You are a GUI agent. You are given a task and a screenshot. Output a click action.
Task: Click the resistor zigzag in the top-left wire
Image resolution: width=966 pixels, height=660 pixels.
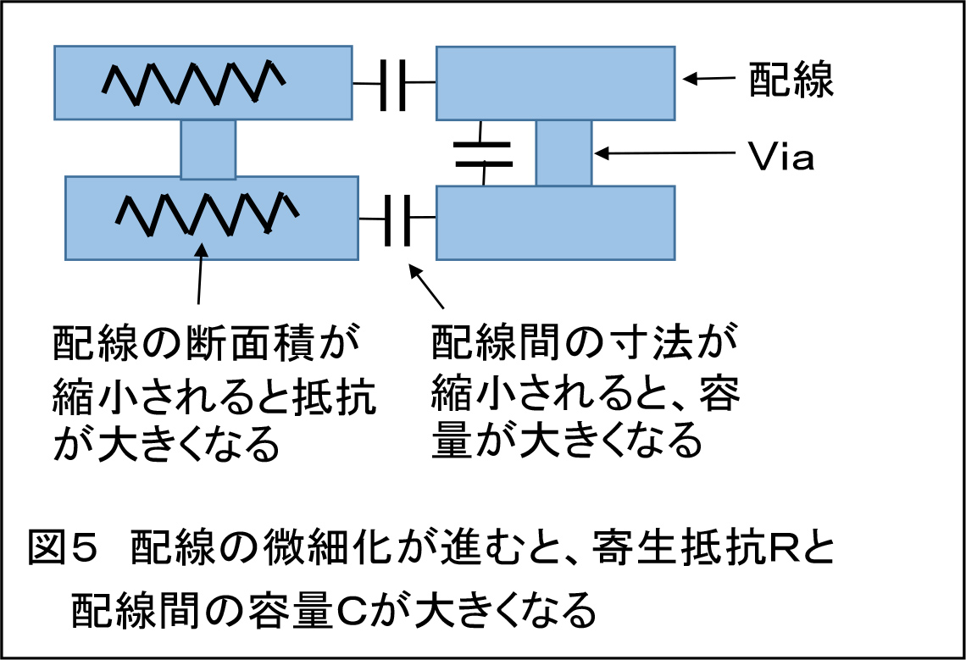[193, 82]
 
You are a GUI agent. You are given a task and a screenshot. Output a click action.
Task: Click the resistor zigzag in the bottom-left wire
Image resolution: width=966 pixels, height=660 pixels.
[208, 214]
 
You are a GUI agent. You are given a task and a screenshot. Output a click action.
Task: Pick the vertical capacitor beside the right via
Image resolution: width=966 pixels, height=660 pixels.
[483, 154]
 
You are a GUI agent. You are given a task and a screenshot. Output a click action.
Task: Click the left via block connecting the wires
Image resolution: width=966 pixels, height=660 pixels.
[208, 149]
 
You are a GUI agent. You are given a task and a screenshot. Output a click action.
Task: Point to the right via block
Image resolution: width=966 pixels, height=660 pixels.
[563, 153]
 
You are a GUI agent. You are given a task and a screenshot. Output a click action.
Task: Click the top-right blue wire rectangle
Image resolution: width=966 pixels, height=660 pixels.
[556, 83]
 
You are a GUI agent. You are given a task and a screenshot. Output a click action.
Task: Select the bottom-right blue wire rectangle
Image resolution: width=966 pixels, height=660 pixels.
[556, 223]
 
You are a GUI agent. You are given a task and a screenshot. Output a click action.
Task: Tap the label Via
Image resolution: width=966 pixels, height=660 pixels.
[781, 156]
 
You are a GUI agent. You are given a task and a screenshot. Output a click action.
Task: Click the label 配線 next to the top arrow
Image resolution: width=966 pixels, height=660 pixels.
[791, 80]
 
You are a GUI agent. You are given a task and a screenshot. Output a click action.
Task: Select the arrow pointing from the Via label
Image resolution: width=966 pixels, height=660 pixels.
[665, 153]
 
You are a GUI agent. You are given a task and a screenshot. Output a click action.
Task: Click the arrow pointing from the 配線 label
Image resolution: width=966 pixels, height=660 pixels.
[709, 78]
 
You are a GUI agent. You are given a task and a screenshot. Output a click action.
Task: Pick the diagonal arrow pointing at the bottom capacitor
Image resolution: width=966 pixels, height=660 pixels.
[426, 286]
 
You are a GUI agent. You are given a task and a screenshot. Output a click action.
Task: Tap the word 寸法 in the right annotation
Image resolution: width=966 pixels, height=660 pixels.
[652, 342]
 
